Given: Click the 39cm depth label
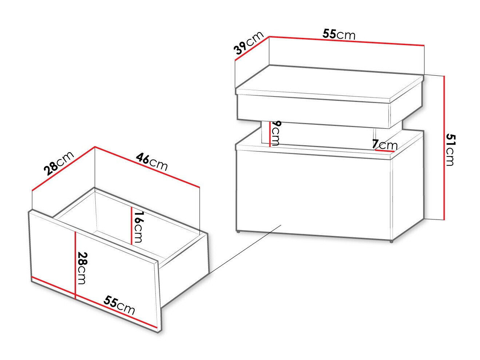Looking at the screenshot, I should click(249, 43).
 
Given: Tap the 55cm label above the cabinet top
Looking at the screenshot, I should click(339, 34).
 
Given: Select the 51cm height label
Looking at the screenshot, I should click(450, 150).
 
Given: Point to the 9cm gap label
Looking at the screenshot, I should click(276, 132).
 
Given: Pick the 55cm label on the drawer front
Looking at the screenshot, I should click(119, 305).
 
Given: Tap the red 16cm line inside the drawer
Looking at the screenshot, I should click(131, 225).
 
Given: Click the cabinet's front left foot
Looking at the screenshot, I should click(238, 232).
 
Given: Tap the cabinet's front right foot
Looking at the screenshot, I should click(391, 241).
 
